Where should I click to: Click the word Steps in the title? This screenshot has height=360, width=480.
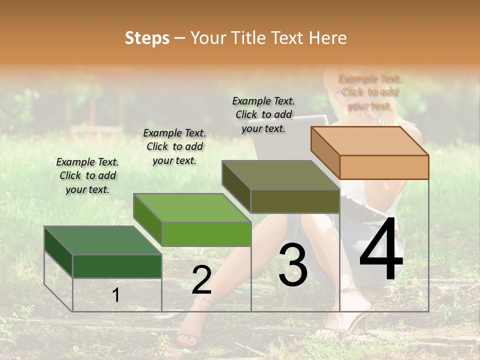coord(147,38)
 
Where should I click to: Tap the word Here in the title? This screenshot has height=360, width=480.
coord(327,38)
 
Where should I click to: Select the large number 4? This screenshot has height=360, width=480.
coord(381,250)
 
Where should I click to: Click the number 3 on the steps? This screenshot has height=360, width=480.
coord(293,265)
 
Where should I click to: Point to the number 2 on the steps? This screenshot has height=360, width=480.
coord(201,280)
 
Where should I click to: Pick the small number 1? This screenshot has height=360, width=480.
coord(115,295)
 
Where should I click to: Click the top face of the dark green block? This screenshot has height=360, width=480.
coord(102,240)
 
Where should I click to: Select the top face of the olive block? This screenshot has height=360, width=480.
coord(280,175)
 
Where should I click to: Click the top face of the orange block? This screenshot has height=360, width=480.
coord(369,140)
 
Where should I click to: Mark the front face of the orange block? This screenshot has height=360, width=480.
coord(384,167)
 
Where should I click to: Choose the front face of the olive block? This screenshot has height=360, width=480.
coord(295,201)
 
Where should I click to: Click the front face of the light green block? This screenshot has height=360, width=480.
coord(206,234)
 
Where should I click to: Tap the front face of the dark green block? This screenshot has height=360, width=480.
coord(117,266)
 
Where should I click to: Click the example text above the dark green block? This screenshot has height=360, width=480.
coord(87,175)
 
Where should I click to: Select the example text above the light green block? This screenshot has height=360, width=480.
coord(174,146)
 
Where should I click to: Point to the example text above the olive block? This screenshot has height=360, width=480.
coord(263,114)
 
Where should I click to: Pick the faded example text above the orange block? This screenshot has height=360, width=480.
coord(369,92)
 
